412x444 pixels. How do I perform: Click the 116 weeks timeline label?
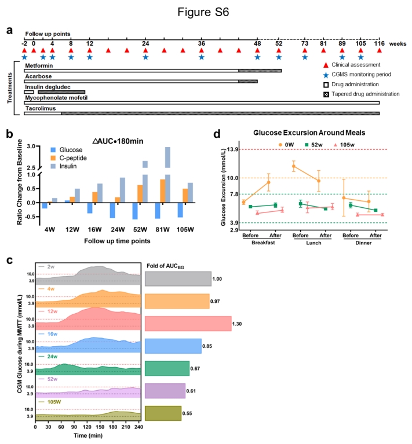[379, 43]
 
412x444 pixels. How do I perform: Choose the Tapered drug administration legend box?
[326, 93]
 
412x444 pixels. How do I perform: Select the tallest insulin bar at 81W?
[167, 156]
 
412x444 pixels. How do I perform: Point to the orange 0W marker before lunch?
[294, 166]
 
